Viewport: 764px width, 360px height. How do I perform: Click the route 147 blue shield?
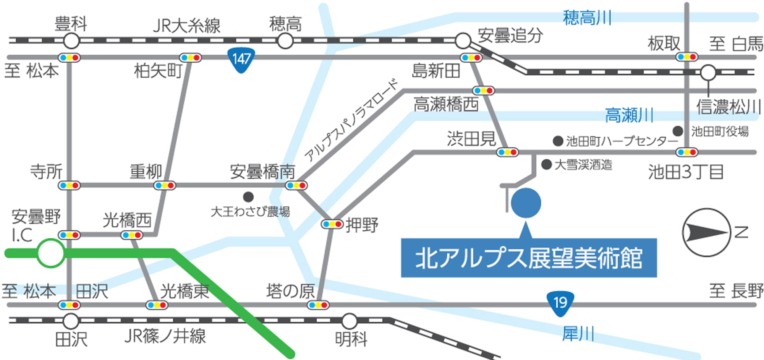pyautogui.click(x=241, y=60)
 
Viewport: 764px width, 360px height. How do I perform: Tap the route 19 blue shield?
pyautogui.click(x=560, y=303)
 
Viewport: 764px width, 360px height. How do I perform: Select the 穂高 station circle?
pyautogui.click(x=285, y=41)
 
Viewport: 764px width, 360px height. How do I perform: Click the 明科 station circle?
pyautogui.click(x=349, y=321)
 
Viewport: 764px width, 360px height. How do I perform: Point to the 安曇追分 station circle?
pyautogui.click(x=463, y=41)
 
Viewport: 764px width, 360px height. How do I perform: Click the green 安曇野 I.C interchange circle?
pyautogui.click(x=50, y=253)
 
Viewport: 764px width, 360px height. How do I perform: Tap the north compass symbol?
pyautogui.click(x=706, y=232)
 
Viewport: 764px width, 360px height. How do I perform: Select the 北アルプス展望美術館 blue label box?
pyautogui.click(x=529, y=258)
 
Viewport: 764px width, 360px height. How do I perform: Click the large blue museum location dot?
pyautogui.click(x=526, y=203)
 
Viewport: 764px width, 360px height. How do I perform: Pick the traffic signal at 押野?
pyautogui.click(x=332, y=224)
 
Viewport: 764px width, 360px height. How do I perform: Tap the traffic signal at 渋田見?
pyautogui.click(x=507, y=152)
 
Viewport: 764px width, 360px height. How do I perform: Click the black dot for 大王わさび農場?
pyautogui.click(x=248, y=197)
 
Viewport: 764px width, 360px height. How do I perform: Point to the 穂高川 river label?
pyautogui.click(x=587, y=18)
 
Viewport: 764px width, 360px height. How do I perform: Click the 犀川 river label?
pyautogui.click(x=578, y=334)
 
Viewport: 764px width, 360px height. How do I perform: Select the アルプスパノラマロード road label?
pyautogui.click(x=351, y=120)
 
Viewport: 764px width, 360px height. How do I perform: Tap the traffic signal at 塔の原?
pyautogui.click(x=318, y=305)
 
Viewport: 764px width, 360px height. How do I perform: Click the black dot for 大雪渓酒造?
pyautogui.click(x=547, y=165)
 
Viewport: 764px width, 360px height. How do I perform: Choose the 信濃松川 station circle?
pyautogui.click(x=708, y=72)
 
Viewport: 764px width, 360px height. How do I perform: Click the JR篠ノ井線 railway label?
pyautogui.click(x=165, y=336)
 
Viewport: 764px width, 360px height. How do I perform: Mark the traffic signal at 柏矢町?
pyautogui.click(x=190, y=58)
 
